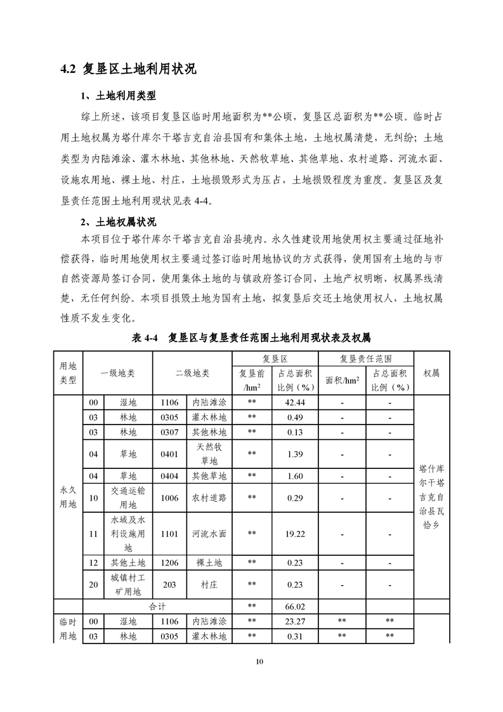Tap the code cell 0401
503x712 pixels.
[169, 454]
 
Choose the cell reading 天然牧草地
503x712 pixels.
[209, 454]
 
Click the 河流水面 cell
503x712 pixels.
[209, 534]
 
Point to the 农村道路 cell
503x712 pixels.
[209, 498]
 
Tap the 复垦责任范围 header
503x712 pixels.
[365, 359]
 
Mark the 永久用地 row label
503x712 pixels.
[68, 498]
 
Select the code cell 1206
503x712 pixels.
[169, 562]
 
